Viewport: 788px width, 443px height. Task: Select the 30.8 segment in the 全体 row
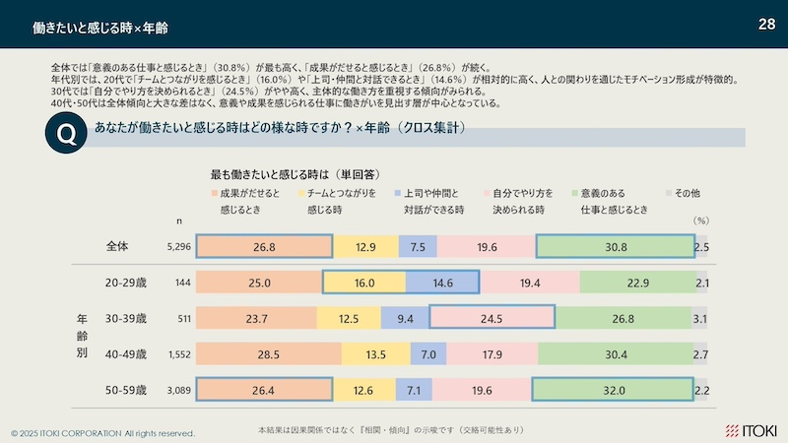point(616,247)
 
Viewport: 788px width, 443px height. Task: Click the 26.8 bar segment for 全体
point(263,247)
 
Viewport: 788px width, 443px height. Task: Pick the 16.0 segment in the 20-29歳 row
point(363,284)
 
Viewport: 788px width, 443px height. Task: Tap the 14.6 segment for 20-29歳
point(442,284)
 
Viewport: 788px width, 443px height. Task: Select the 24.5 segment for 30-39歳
point(492,319)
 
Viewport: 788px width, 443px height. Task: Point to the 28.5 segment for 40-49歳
point(268,354)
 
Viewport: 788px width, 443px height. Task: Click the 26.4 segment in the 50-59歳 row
point(263,391)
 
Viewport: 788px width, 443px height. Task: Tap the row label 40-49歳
point(125,354)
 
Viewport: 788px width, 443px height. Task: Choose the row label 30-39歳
point(125,319)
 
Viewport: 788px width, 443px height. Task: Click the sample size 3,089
point(177,391)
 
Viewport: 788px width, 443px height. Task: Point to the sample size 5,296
point(177,247)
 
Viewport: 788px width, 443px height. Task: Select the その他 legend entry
point(688,194)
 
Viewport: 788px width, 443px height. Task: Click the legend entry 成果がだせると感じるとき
point(249,202)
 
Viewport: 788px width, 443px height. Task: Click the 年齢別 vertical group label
point(83,337)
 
